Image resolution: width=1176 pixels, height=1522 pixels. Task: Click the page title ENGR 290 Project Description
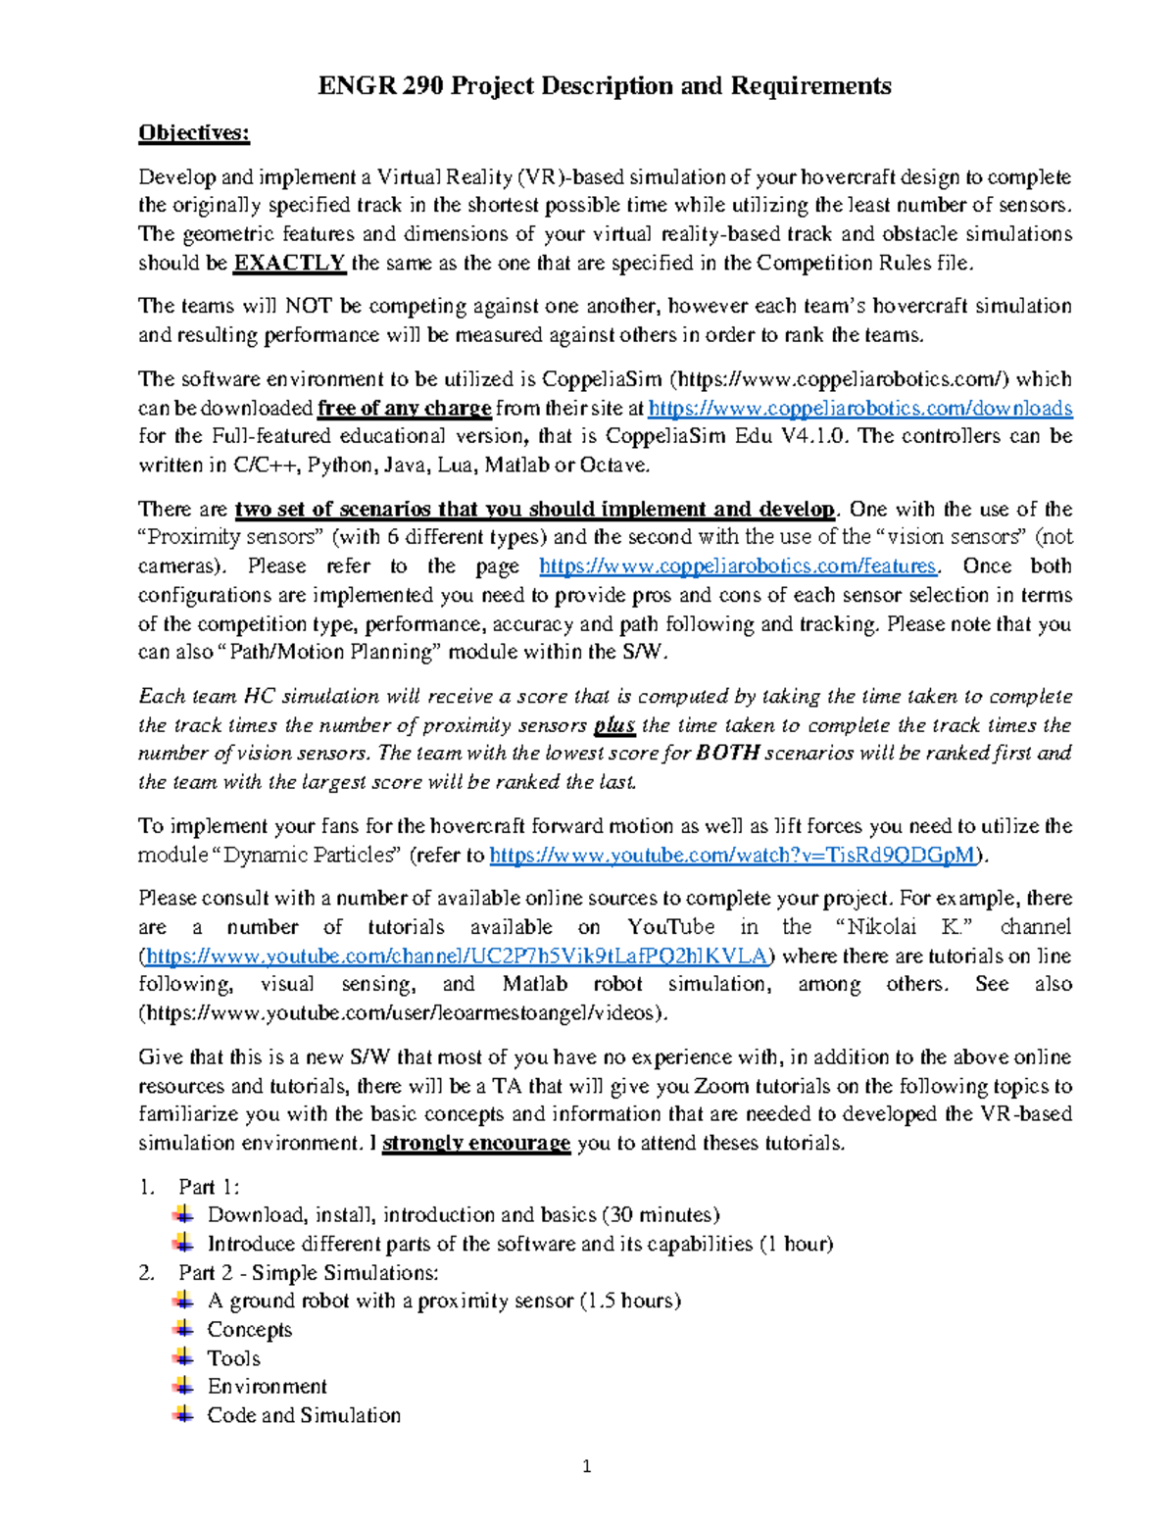click(604, 86)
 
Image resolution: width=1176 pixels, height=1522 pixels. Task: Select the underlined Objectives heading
click(194, 133)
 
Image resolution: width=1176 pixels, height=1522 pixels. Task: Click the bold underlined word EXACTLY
click(289, 263)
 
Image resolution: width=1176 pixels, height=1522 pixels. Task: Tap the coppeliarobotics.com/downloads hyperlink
click(860, 408)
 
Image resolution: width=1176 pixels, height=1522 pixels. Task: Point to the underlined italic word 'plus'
click(614, 726)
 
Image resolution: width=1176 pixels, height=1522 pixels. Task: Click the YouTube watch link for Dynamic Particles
click(733, 856)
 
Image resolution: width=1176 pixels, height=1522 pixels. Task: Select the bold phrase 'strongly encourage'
click(476, 1144)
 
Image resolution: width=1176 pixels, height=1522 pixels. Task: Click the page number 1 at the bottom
click(587, 1467)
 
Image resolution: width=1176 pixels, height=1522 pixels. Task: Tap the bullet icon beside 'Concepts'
click(182, 1329)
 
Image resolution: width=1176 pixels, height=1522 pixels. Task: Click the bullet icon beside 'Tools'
click(182, 1357)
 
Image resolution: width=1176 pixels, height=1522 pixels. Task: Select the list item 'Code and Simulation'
click(304, 1415)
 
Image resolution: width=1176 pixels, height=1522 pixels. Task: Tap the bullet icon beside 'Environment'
click(182, 1386)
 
